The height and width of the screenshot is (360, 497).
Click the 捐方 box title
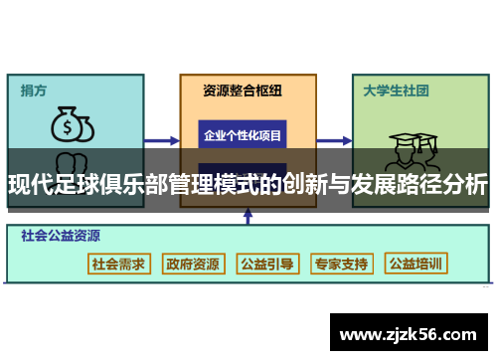34,90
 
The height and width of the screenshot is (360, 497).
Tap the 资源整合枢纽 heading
243,90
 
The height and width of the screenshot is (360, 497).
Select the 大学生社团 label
395,90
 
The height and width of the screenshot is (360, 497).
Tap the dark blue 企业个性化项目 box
243,135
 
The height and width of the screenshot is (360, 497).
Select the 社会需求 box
118,264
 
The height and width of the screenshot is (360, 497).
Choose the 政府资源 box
193,264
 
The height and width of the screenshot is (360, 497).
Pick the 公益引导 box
267,264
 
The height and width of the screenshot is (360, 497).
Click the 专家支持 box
341,264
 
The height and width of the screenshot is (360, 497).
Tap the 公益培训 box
416,264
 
